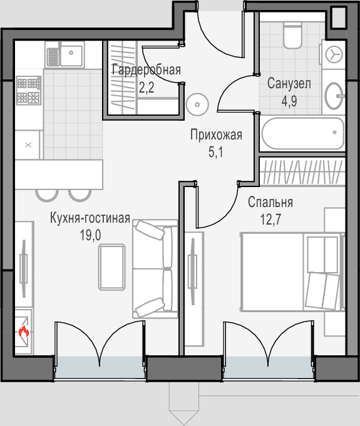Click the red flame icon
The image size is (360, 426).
pos(24,332)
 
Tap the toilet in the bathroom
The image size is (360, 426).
pos(292,36)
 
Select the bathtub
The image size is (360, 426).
pos(302,133)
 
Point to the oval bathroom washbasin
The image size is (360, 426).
pos(334,96)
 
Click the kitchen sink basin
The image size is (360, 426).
pos(71,56)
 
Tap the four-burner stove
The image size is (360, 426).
pos(29,91)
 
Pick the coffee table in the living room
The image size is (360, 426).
pos(112,267)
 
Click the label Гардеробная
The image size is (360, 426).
pos(147,70)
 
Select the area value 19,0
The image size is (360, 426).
pos(90,235)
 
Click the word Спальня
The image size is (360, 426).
pos(270,203)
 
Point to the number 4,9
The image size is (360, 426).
pos(289,101)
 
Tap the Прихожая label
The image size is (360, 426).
pos(216,135)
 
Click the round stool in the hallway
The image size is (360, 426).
pos(197,104)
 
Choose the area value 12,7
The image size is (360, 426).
pos(271,219)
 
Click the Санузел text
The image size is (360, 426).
pos(289,83)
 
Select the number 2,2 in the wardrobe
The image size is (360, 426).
pos(147,87)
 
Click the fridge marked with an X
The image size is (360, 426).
pos(28,145)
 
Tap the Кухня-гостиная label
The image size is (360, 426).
pos(90,218)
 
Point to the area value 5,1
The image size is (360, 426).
pos(215,152)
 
